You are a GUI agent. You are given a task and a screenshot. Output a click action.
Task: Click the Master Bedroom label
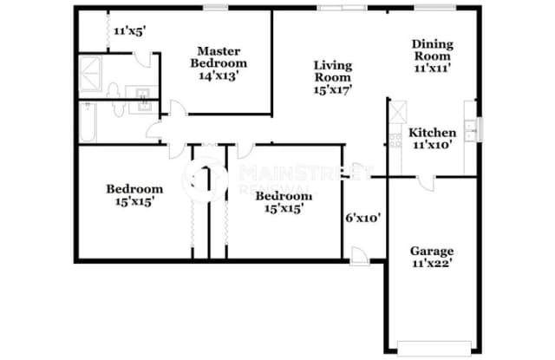coord(218,62)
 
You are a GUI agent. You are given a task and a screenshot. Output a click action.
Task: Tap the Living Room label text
coord(332,76)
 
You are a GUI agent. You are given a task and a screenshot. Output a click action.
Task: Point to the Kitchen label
coord(433,139)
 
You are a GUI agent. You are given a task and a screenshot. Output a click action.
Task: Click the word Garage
coord(431,252)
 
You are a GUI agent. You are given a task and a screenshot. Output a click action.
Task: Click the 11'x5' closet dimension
coord(129,29)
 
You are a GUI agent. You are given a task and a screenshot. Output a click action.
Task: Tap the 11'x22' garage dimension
coord(431,264)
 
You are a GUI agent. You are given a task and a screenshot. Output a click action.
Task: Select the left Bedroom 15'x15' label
coord(134,195)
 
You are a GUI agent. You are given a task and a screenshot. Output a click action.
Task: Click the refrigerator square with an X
coord(400,113)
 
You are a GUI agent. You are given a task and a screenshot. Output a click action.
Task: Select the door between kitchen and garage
coord(425,180)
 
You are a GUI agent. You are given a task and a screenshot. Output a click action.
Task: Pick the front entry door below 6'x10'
coord(359,254)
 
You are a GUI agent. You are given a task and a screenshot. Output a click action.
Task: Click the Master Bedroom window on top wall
coord(215,8)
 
